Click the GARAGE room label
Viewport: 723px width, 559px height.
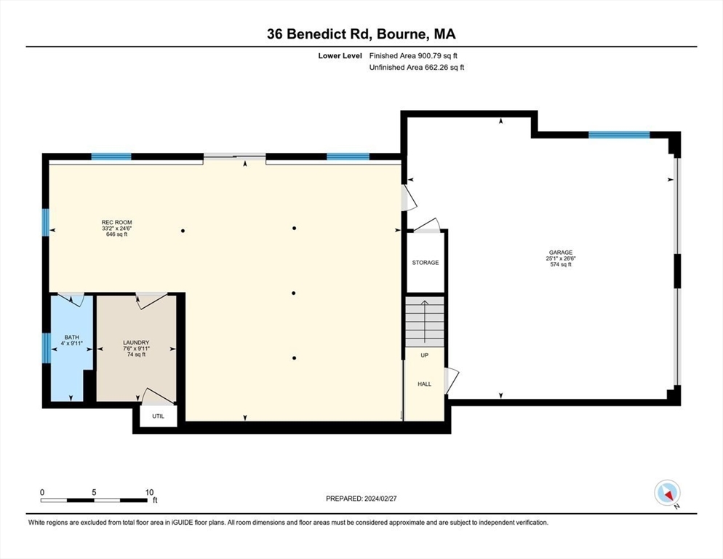(561, 252)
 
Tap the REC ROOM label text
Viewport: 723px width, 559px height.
(116, 222)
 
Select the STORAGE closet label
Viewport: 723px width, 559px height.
(425, 263)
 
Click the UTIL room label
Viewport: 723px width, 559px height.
(158, 416)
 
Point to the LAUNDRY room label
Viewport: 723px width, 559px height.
(136, 342)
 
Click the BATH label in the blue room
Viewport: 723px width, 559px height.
(71, 337)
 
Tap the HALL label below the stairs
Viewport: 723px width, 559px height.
(424, 384)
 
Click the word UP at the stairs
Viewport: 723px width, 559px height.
(424, 356)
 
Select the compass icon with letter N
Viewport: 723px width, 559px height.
(666, 493)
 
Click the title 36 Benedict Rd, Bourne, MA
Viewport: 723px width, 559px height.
(361, 33)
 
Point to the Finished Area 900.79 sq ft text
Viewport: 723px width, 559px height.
(413, 55)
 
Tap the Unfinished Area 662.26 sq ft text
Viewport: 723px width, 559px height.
(416, 67)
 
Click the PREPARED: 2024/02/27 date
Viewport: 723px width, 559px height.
(361, 499)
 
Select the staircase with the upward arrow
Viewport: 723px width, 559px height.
(425, 321)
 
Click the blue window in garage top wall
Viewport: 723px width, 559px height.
(619, 135)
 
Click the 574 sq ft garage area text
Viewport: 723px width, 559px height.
(561, 264)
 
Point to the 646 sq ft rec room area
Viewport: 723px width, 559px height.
(116, 235)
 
